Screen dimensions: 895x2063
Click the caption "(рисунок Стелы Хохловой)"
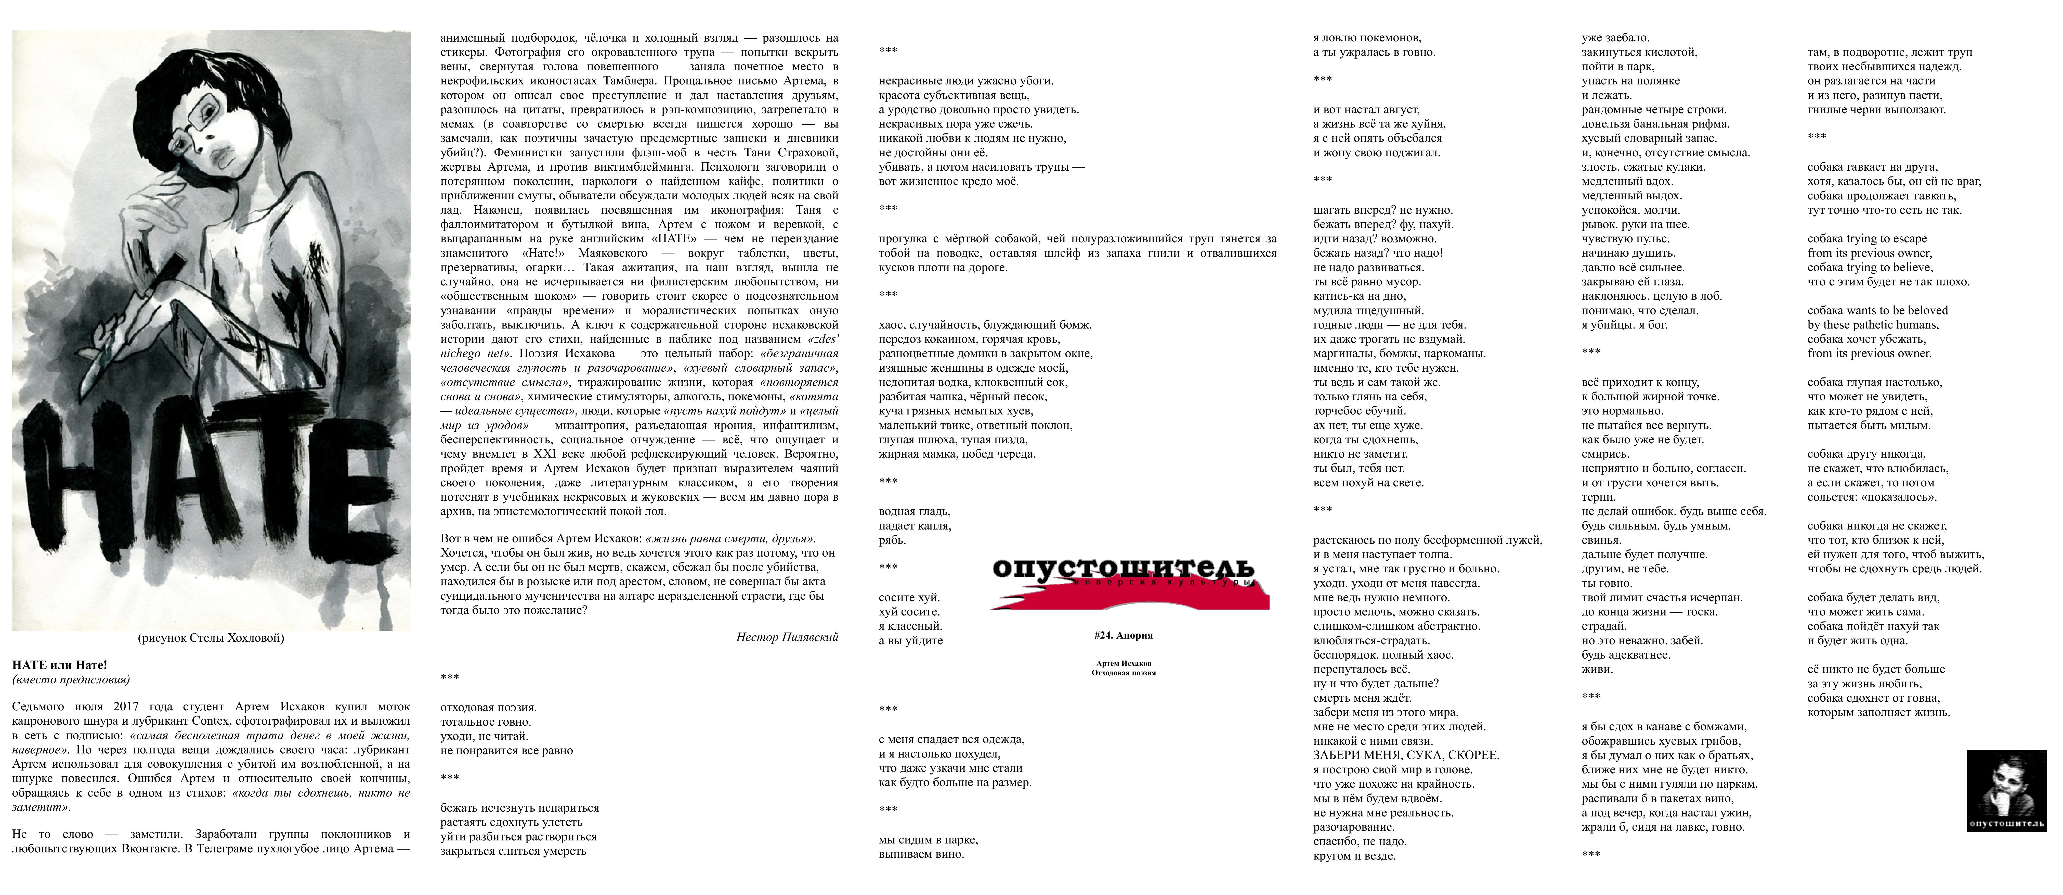[211, 639]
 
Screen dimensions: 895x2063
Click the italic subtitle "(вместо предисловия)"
[71, 679]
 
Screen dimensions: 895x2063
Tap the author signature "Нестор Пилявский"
[787, 638]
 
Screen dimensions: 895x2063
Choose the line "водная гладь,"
[915, 511]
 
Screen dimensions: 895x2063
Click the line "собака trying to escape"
[1867, 239]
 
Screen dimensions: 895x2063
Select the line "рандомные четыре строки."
[1654, 110]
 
